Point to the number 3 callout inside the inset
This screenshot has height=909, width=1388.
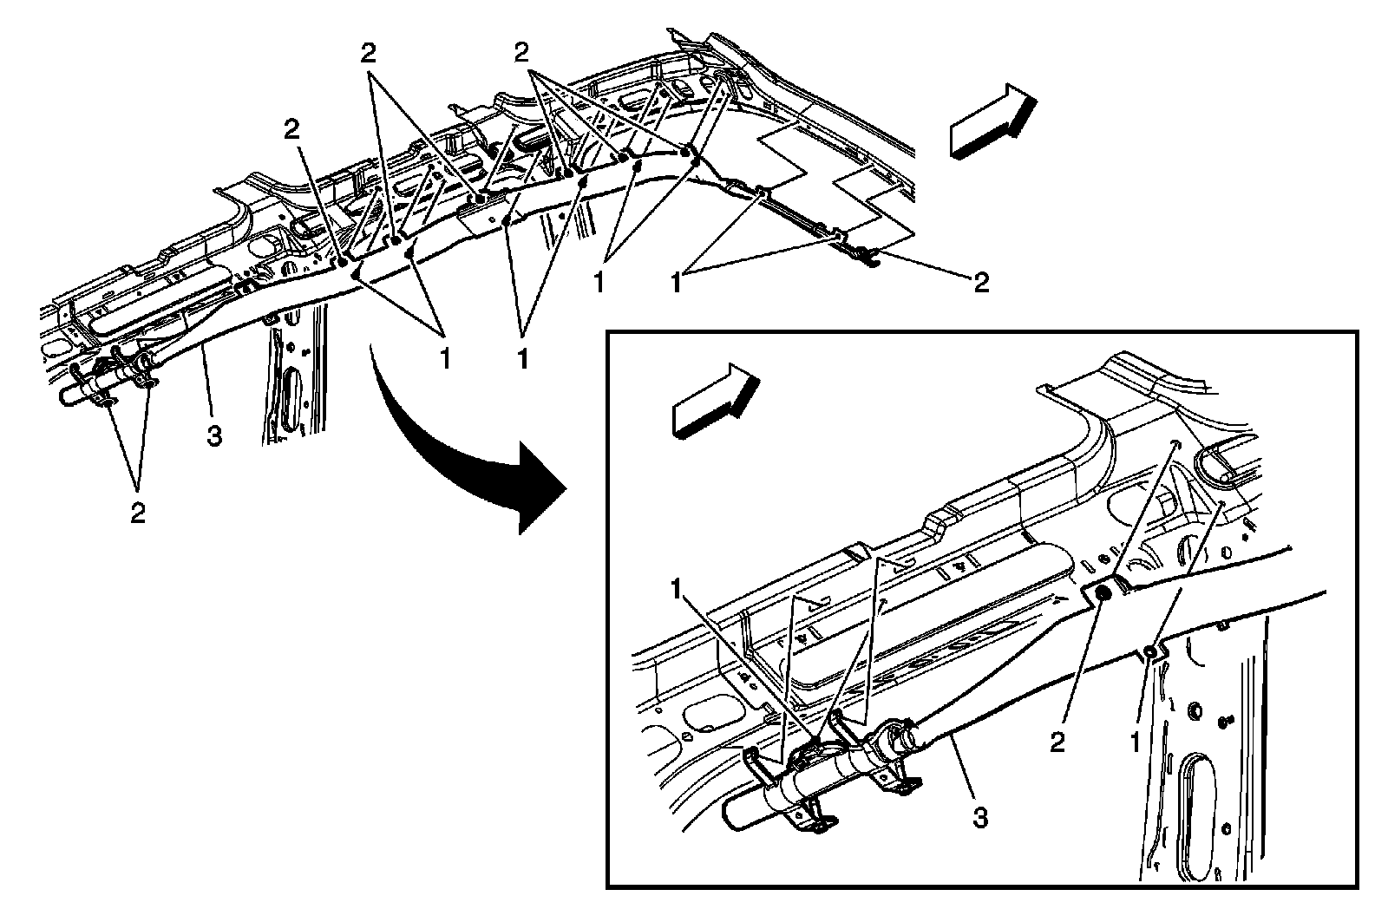pyautogui.click(x=980, y=816)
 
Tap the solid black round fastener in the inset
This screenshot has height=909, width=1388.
pyautogui.click(x=1105, y=594)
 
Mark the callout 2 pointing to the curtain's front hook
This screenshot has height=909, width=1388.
pyautogui.click(x=981, y=282)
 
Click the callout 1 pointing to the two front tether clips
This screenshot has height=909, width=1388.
pyautogui.click(x=677, y=283)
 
